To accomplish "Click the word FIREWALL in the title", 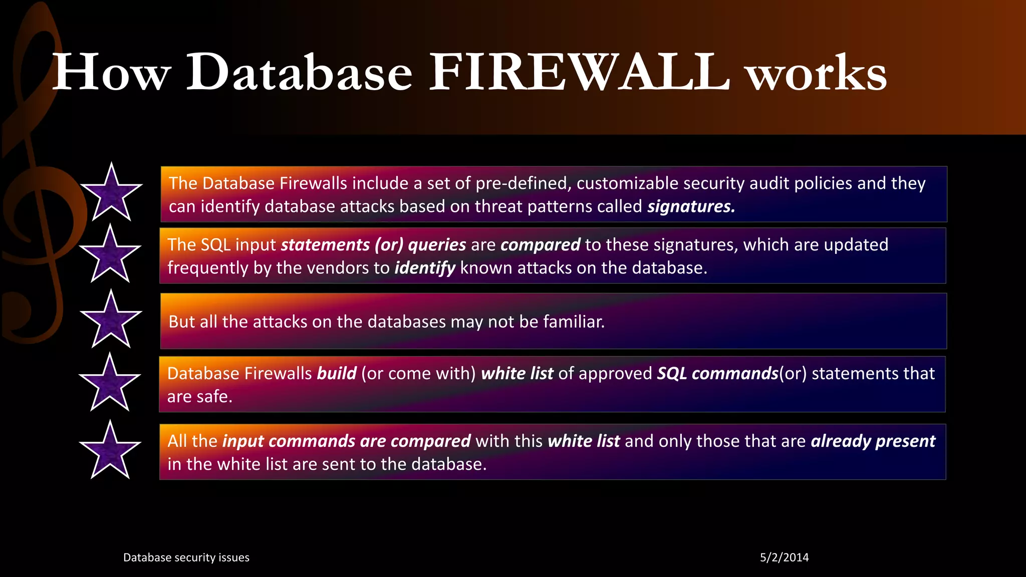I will coord(579,73).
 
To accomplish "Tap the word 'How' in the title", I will coord(112,73).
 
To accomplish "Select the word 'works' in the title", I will coord(817,74).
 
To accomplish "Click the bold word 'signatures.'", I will coord(691,206).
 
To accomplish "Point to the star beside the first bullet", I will coord(111,193).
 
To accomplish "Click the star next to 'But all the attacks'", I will coord(111,321).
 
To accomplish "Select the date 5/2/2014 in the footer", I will coord(784,557).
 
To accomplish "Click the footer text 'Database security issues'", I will coord(186,557).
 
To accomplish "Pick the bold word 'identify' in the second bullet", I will coord(425,268).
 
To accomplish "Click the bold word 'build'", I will coord(337,374).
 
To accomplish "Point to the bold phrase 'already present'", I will coord(873,441).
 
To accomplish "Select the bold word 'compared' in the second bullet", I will coord(540,245).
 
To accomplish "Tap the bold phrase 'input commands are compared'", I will coord(346,441).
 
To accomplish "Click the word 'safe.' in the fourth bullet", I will coord(215,397).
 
